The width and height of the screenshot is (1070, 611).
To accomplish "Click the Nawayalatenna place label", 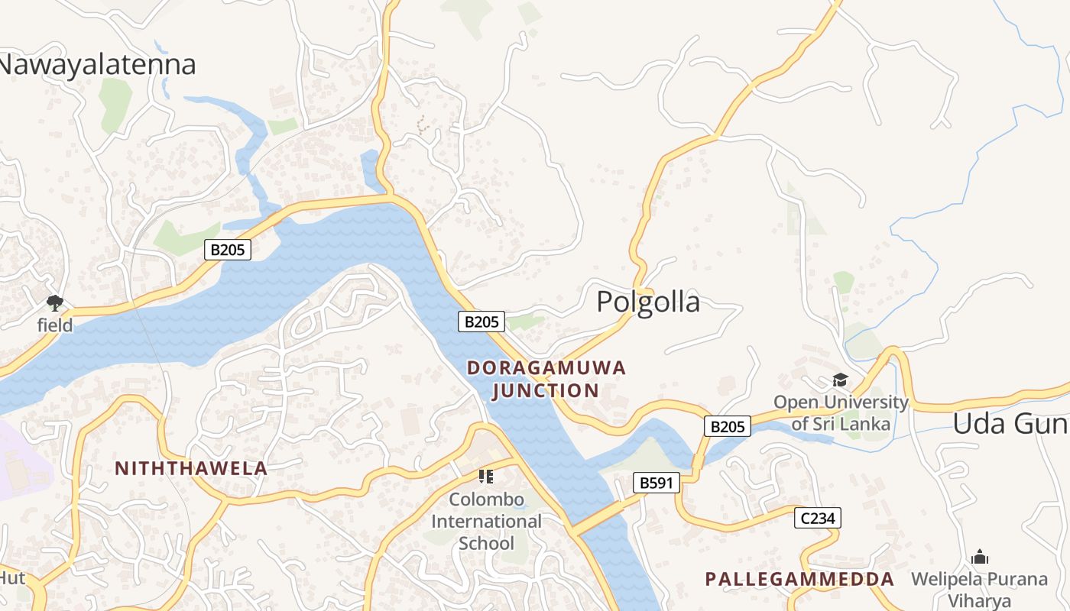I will click(x=96, y=64).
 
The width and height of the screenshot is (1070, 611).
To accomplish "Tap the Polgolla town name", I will click(x=647, y=302).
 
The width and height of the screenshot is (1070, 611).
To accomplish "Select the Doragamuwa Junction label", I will click(x=546, y=380).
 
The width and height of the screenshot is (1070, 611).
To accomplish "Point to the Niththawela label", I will click(x=191, y=469).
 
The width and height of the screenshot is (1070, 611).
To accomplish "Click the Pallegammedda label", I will click(x=799, y=579).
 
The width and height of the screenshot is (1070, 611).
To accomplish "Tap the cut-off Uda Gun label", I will click(x=1010, y=423).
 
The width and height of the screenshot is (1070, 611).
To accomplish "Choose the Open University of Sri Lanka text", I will click(x=841, y=412).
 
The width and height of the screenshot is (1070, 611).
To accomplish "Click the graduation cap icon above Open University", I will click(x=840, y=380).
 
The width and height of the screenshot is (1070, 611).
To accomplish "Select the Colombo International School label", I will click(x=486, y=522).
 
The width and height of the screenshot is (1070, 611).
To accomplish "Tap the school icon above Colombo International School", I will click(x=485, y=477).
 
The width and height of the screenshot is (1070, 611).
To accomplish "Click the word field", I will click(x=55, y=325).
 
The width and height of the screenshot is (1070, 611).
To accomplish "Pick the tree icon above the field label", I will click(x=54, y=302).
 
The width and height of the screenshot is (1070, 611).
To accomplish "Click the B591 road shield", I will click(x=656, y=483).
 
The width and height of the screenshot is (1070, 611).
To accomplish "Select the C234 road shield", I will click(x=817, y=518).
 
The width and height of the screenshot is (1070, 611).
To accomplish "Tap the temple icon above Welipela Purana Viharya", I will click(x=979, y=557).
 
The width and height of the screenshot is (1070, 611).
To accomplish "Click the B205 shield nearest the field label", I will click(x=228, y=249).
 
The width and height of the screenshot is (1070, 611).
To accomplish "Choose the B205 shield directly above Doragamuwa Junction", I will click(x=481, y=322).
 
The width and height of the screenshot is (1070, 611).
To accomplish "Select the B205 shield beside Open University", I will click(x=727, y=426).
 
